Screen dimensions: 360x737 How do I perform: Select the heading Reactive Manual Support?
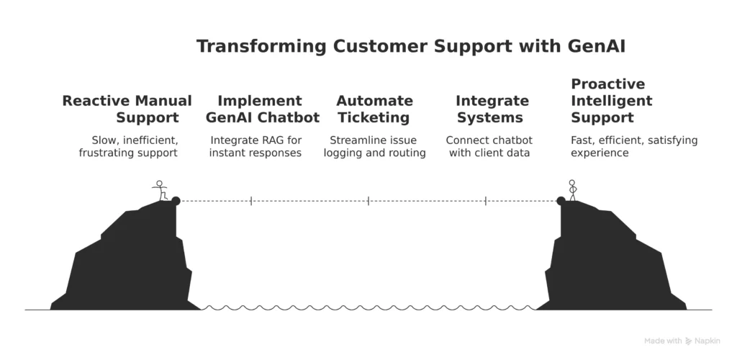[x=127, y=109]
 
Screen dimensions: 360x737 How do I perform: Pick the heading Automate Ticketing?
[x=374, y=109]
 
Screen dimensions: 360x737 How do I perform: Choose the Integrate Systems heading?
[x=492, y=109]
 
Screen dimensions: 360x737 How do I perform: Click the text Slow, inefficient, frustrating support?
[x=127, y=147]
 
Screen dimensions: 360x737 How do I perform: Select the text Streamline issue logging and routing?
[x=374, y=147]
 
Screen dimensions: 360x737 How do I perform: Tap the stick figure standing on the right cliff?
[x=572, y=190]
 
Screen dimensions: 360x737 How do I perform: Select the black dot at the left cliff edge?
[x=176, y=201]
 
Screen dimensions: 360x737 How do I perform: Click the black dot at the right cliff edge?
[x=561, y=201]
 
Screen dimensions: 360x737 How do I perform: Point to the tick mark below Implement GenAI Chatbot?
[x=250, y=201]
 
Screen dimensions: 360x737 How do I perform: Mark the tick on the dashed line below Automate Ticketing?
[x=368, y=201]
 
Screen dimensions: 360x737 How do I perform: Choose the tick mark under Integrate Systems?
[x=485, y=201]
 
